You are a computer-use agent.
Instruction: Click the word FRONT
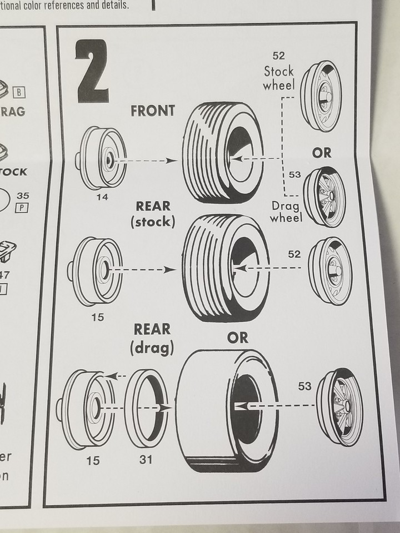[152, 110]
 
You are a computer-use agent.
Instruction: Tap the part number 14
[102, 197]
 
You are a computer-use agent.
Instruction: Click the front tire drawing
[222, 153]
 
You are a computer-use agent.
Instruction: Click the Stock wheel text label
[278, 78]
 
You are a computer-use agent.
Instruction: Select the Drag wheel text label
[286, 212]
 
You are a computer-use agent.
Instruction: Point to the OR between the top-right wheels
[322, 153]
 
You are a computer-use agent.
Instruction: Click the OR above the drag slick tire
[237, 337]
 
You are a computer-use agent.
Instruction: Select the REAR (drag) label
[152, 338]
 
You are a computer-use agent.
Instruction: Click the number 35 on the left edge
[23, 195]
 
